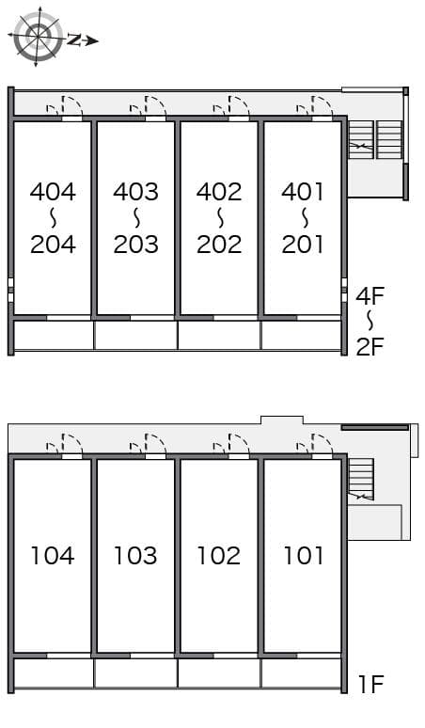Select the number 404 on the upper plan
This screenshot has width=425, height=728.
pos(53,192)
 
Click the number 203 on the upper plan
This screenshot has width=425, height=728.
pos(135,245)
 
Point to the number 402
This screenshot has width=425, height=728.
pos(219,192)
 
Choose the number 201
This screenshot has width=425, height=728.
pos(303,245)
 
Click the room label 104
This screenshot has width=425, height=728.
pos(53,556)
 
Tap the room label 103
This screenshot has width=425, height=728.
pos(135,556)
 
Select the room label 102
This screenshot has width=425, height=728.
pos(219,556)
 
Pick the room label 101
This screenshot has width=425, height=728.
pos(303,556)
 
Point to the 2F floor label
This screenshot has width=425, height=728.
pos(370,346)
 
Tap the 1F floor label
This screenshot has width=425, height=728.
pos(371,685)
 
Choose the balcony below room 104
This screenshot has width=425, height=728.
pos(53,673)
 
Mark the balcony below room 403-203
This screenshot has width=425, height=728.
pos(135,336)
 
